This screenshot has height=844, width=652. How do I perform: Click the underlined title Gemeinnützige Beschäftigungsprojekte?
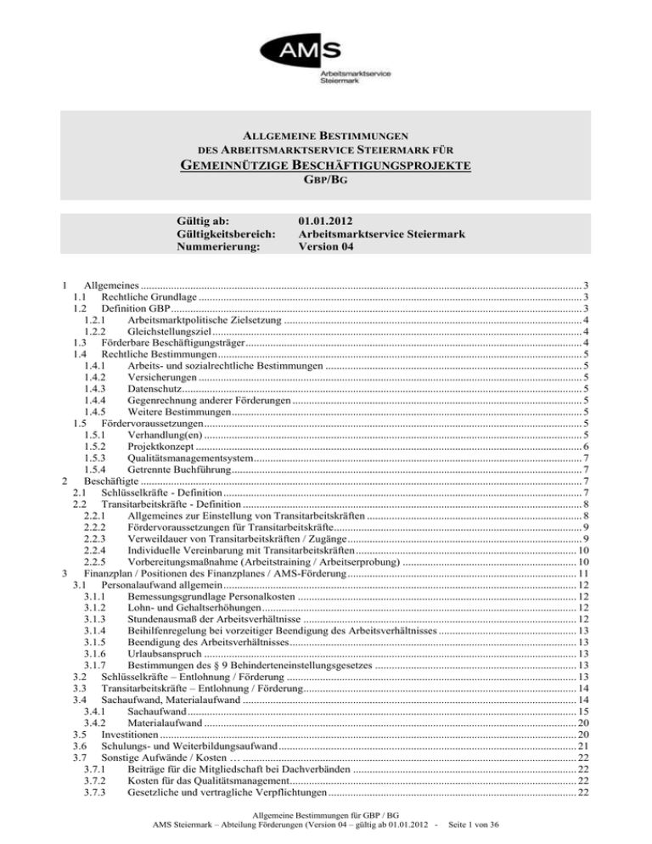[326, 166]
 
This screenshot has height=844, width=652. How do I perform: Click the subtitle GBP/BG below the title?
[326, 183]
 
